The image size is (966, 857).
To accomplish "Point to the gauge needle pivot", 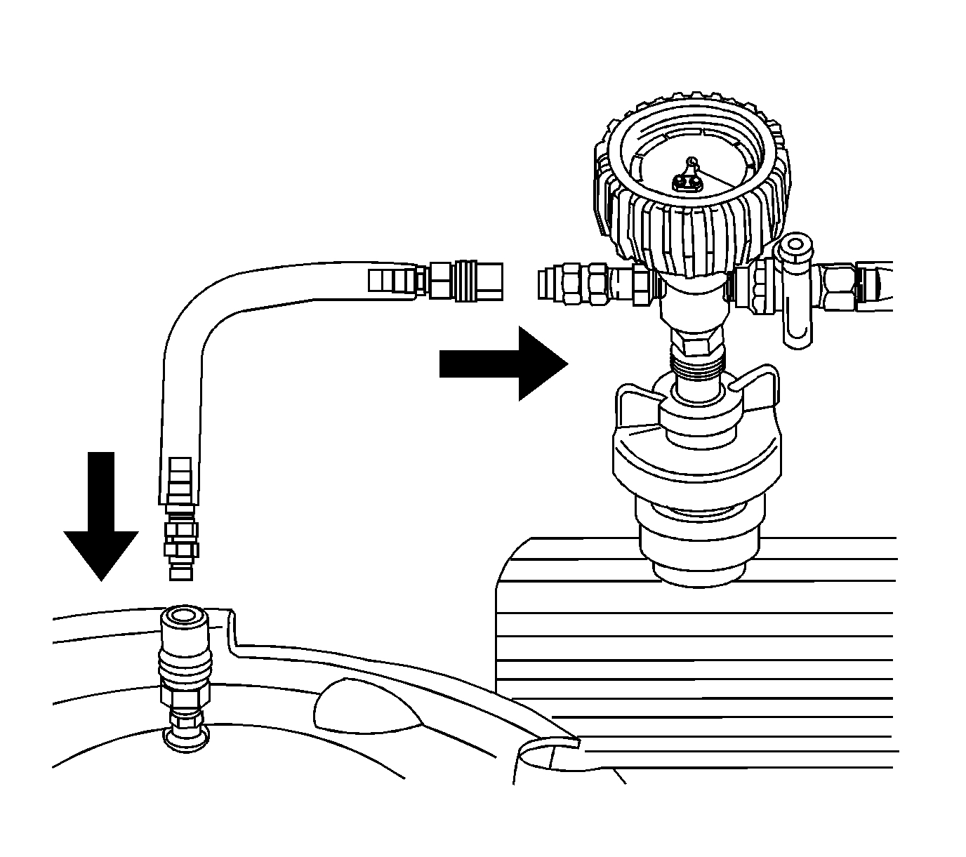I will (x=692, y=163).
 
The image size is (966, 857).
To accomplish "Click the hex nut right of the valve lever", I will (x=839, y=288).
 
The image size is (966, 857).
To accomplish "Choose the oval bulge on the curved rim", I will (x=365, y=710).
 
